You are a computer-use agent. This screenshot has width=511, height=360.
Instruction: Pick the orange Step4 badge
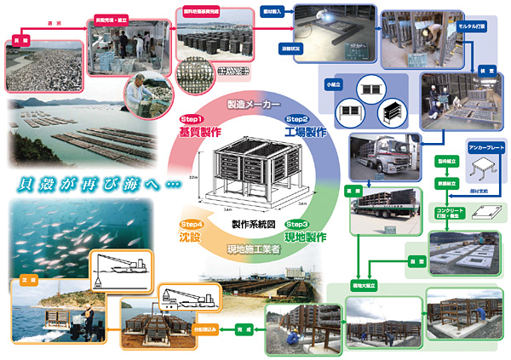click(x=190, y=223)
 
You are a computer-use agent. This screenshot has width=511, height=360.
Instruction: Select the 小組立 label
click(x=332, y=84)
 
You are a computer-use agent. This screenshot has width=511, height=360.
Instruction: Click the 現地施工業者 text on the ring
click(x=252, y=249)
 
